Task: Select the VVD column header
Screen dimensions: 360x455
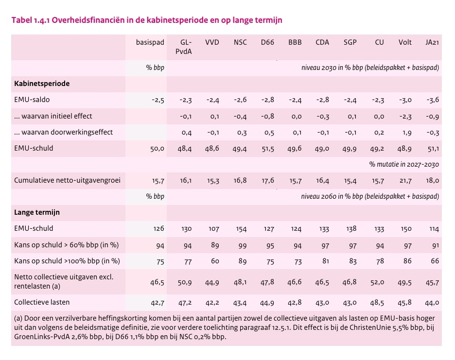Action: pyautogui.click(x=212, y=42)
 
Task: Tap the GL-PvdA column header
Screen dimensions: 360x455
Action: pyautogui.click(x=185, y=47)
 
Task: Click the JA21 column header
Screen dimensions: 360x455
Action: pyautogui.click(x=432, y=42)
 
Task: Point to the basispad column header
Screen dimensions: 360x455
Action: pyautogui.click(x=150, y=42)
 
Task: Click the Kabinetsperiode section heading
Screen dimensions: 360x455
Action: pyautogui.click(x=42, y=84)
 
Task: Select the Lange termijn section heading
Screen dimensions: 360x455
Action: pyautogui.click(x=37, y=212)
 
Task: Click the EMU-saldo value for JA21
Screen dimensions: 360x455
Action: pyautogui.click(x=432, y=100)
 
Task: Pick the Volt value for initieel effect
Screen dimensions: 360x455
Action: pyautogui.click(x=404, y=116)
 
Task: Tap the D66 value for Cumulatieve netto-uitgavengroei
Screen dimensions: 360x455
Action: pyautogui.click(x=267, y=181)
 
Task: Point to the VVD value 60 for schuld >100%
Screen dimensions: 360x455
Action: pyautogui.click(x=214, y=261)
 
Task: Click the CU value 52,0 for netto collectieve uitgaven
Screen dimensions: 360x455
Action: pyautogui.click(x=378, y=282)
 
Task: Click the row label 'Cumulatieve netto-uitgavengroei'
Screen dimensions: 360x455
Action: pyautogui.click(x=68, y=181)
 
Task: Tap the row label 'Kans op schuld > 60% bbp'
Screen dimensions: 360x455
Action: pyautogui.click(x=67, y=245)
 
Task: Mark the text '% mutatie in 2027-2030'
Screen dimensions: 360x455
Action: pyautogui.click(x=404, y=164)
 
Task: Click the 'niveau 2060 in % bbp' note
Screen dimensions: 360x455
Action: pyautogui.click(x=370, y=197)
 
